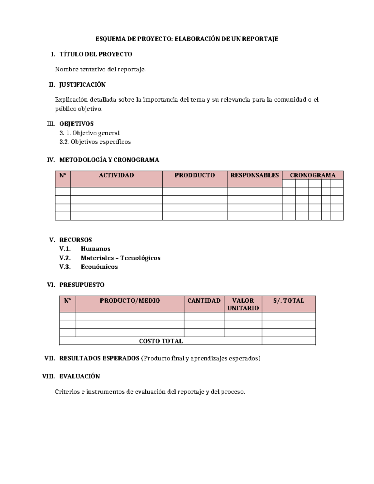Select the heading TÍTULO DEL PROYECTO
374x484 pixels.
click(96, 54)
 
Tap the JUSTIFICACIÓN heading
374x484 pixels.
click(82, 85)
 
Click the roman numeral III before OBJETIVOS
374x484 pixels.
click(50, 124)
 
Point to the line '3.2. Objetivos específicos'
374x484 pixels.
click(95, 142)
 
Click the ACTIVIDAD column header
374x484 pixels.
click(116, 175)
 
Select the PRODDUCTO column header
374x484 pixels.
click(194, 175)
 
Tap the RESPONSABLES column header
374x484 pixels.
click(254, 175)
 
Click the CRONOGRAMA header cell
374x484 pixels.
click(313, 175)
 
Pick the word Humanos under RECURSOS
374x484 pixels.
click(95, 249)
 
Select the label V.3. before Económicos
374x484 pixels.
click(65, 267)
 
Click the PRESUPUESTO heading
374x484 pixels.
click(82, 285)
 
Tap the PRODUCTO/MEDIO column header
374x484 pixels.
click(130, 301)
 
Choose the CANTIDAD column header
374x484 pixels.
click(204, 301)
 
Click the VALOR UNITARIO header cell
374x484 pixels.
click(243, 304)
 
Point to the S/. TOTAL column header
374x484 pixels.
click(288, 301)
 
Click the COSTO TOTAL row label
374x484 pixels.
click(161, 341)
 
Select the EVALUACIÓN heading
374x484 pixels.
click(79, 376)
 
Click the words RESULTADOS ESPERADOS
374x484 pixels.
click(99, 358)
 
